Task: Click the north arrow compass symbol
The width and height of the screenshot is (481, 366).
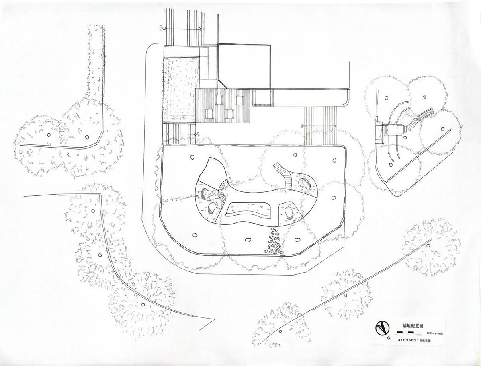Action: pos(382,328)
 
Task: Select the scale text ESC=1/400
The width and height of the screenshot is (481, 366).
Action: pos(434,333)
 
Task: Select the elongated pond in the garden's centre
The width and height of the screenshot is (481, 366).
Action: pos(246,208)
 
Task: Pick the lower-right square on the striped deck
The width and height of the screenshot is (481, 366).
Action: pos(230,113)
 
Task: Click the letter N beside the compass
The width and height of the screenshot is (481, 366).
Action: pos(388,338)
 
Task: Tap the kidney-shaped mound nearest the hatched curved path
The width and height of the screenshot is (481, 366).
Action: pos(304,183)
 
